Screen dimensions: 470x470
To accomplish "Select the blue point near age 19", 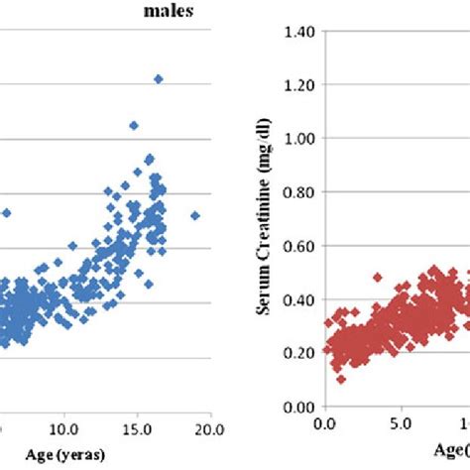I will pyautogui.click(x=195, y=215).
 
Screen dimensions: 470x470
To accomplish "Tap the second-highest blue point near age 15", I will pyautogui.click(x=134, y=125).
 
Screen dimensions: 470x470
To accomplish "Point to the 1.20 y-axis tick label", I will pyautogui.click(x=297, y=86).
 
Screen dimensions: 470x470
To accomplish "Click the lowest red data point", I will pyautogui.click(x=341, y=380).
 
